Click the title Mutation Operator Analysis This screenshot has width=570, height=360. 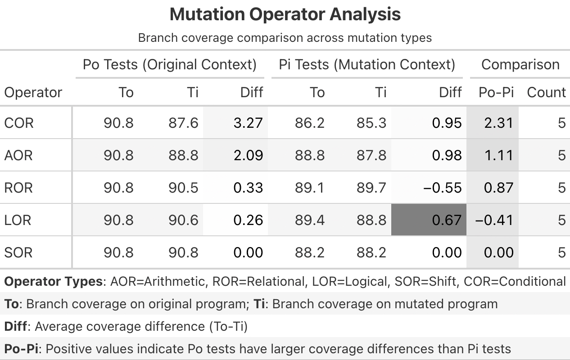pos(285,14)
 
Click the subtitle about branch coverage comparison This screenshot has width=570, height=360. pos(285,37)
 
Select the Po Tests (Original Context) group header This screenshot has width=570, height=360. pos(169,64)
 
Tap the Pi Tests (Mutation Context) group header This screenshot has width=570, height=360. pos(367,64)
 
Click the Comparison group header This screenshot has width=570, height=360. pos(520,64)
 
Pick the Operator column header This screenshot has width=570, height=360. pos(33,92)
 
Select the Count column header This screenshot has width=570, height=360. pos(546,92)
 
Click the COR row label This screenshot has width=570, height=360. pos(19,123)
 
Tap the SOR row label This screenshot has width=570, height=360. pos(18,252)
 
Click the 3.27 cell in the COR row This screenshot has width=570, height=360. pos(248,123)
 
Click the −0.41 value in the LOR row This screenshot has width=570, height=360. pos(494,220)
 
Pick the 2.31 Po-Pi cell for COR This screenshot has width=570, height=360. pos(498,123)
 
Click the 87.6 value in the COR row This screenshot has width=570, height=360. pos(183,123)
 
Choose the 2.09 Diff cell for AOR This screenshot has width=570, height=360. pos(248,155)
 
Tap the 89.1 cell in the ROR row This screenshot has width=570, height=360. pos(310,188)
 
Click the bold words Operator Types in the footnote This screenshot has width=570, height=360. pos(54,282)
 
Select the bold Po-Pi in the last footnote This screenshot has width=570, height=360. pos(21,349)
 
